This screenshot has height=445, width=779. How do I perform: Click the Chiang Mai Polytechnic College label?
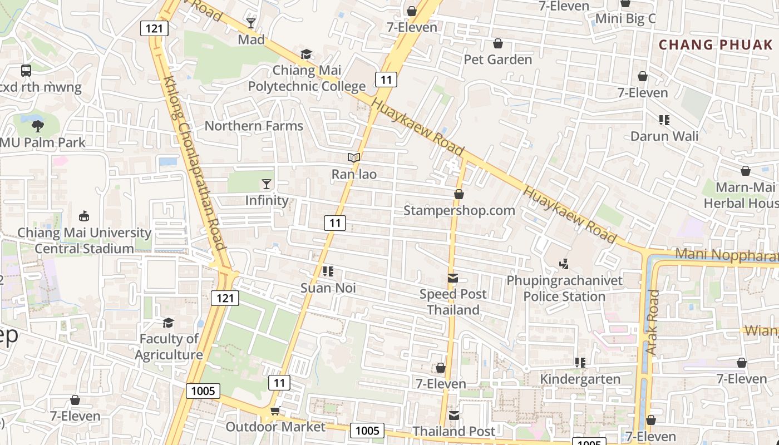click(307, 78)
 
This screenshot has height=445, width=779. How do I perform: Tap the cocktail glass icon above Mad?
click(251, 23)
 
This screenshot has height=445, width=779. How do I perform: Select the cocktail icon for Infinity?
click(267, 184)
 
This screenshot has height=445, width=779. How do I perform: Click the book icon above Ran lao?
click(354, 158)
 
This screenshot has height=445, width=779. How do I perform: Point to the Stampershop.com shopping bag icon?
click(459, 194)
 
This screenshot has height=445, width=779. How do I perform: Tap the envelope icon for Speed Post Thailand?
click(453, 278)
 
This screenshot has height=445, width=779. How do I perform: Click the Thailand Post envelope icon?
click(454, 415)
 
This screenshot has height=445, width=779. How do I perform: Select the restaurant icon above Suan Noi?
click(328, 271)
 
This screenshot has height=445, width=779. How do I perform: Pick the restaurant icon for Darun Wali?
click(664, 120)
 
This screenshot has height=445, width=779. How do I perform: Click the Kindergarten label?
click(580, 379)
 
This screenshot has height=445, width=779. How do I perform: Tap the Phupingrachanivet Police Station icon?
click(564, 264)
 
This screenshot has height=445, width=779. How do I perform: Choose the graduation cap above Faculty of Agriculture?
click(168, 323)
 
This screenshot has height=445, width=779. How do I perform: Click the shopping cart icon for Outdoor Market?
click(275, 411)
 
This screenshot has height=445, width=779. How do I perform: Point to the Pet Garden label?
click(498, 60)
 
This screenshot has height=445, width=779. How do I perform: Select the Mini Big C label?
click(625, 19)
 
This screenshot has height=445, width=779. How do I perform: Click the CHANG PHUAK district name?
click(716, 44)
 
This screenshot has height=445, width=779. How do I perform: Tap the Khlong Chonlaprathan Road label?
click(194, 163)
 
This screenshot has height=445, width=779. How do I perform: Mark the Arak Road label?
click(653, 323)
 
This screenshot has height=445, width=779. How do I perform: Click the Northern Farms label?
click(254, 126)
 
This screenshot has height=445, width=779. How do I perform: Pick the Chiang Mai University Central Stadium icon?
click(84, 216)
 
